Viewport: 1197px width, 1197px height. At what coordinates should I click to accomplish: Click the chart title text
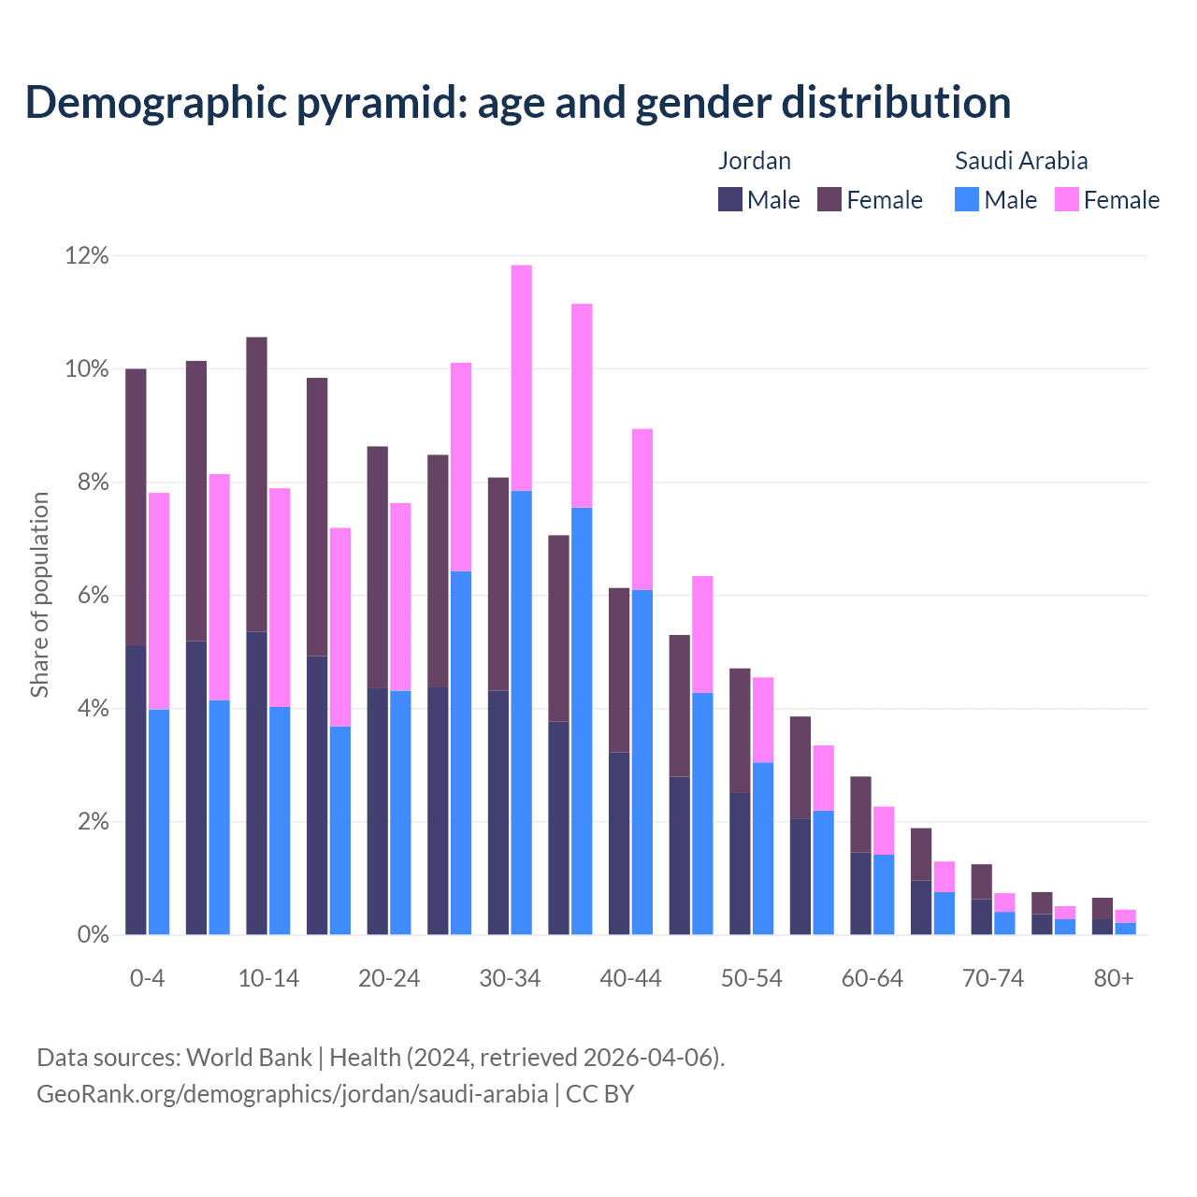click(518, 102)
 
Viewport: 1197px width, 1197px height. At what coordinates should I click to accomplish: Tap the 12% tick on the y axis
click(87, 255)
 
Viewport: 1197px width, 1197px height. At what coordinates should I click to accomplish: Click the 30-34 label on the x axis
click(510, 978)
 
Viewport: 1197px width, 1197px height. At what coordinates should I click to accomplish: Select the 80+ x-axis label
click(1114, 978)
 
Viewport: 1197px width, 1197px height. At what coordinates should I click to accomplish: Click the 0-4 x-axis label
click(147, 978)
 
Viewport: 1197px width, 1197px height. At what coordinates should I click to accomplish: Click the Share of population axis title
click(39, 595)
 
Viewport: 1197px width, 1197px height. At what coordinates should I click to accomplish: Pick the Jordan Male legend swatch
click(730, 199)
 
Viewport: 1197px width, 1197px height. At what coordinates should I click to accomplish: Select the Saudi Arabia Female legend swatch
click(1067, 199)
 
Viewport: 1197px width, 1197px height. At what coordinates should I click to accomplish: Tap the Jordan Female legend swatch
click(829, 199)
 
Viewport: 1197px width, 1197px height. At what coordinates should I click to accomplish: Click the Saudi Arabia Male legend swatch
click(967, 199)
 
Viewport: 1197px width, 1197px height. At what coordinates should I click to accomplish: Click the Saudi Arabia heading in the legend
click(1020, 161)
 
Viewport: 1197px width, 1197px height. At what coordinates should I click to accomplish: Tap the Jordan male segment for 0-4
click(136, 790)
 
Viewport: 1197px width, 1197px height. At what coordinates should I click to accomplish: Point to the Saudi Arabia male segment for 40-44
click(642, 762)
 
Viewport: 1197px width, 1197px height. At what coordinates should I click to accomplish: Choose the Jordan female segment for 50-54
click(740, 730)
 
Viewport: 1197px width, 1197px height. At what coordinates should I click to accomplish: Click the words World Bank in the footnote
click(249, 1058)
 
